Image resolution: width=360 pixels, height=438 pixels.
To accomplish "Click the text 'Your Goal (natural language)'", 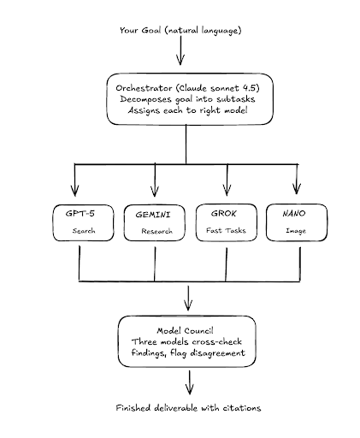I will (181, 33).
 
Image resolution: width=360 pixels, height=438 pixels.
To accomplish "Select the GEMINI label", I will (154, 213).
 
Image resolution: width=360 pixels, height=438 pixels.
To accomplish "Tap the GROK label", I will (226, 212).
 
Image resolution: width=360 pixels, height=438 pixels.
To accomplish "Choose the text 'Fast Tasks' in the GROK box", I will (226, 230).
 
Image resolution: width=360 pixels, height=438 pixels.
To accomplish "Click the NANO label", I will (295, 212).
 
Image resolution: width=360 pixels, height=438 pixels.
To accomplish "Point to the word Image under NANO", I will (295, 230).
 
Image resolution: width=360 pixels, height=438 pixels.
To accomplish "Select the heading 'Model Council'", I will (186, 331).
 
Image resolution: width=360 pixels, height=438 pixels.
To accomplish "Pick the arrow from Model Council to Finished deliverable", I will (187, 383).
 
